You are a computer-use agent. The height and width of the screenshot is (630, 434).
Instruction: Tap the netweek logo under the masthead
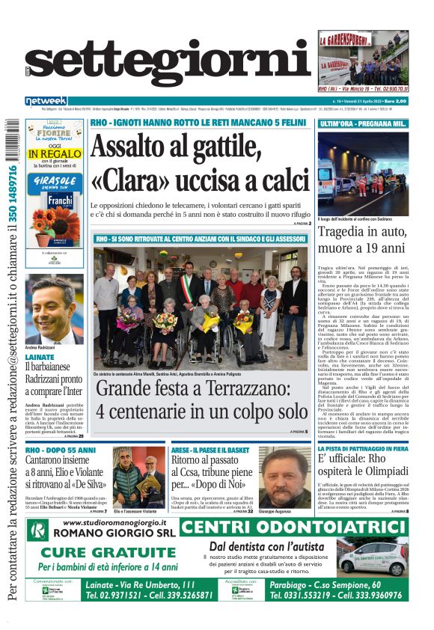tap(46, 100)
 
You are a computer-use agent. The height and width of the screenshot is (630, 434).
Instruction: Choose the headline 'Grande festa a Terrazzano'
tap(201, 400)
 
